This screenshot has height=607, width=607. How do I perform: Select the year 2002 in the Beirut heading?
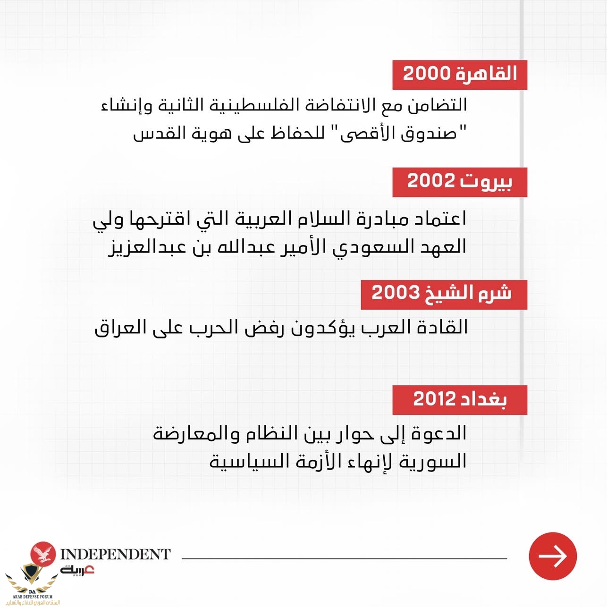(x=431, y=181)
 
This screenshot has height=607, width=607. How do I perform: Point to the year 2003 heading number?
(x=396, y=293)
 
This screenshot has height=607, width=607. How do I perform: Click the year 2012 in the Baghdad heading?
(x=434, y=399)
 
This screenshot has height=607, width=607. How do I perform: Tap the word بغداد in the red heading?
(x=484, y=400)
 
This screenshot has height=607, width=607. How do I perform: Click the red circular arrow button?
(x=553, y=556)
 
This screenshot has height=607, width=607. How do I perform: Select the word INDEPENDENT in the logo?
(x=115, y=554)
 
